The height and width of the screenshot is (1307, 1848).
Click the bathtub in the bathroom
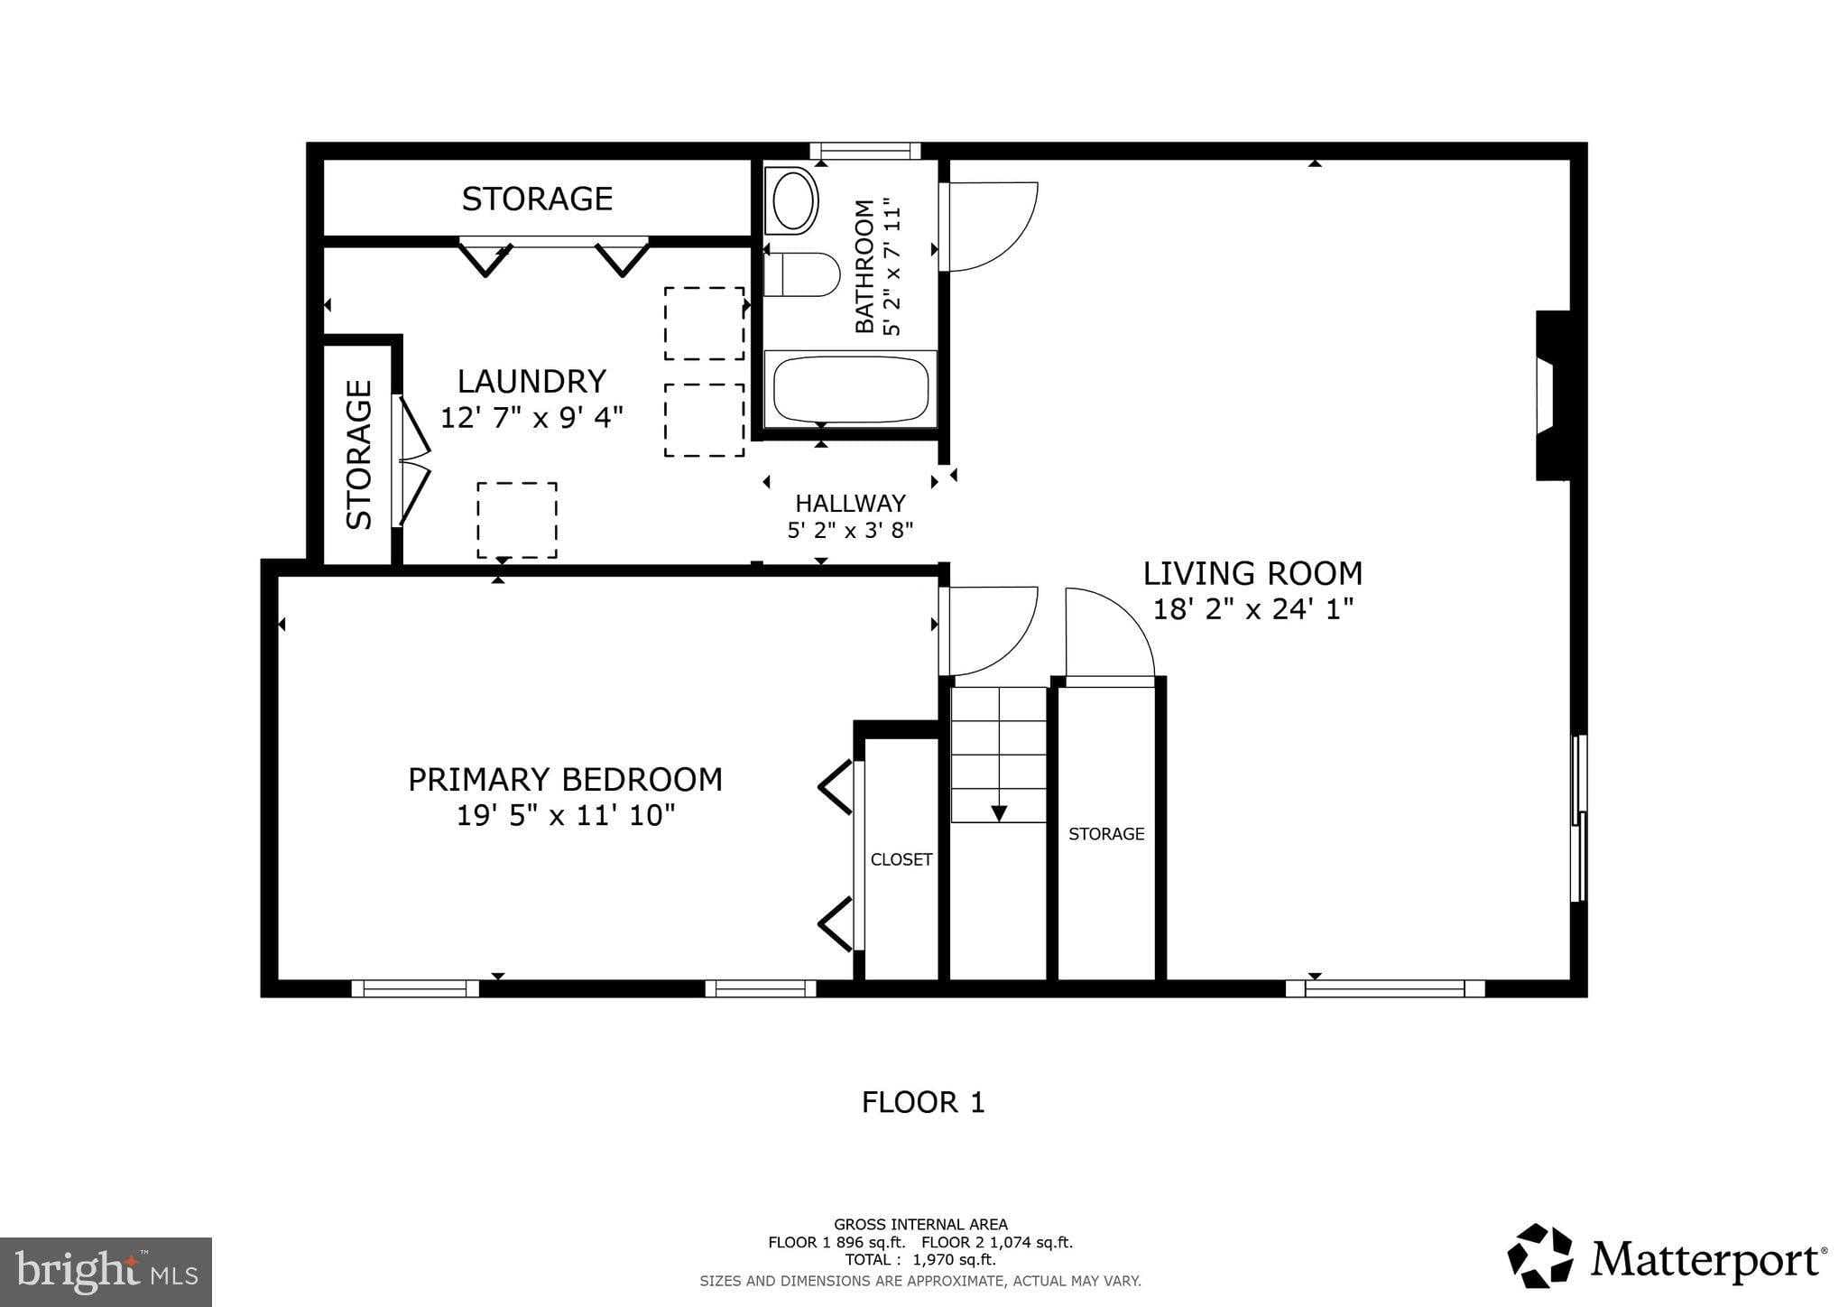point(850,389)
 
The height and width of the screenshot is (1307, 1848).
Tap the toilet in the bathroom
point(801,274)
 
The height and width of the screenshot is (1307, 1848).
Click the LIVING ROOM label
point(1252,573)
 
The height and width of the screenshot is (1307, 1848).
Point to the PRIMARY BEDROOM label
point(565,779)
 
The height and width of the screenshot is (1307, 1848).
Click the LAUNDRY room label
point(531,381)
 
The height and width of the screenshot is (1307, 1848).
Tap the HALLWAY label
point(850,503)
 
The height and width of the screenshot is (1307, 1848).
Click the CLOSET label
point(901,859)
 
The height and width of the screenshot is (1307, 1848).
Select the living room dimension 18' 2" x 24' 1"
point(1253,609)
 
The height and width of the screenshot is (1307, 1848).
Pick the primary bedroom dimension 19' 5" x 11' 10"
point(565,815)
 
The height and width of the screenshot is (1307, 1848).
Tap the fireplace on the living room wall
point(1553,395)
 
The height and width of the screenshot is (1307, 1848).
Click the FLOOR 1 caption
point(923,1102)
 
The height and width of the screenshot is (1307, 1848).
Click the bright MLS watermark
point(106,1272)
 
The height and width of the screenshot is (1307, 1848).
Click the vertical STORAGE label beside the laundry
point(359,454)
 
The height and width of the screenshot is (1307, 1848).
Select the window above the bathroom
point(864,151)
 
